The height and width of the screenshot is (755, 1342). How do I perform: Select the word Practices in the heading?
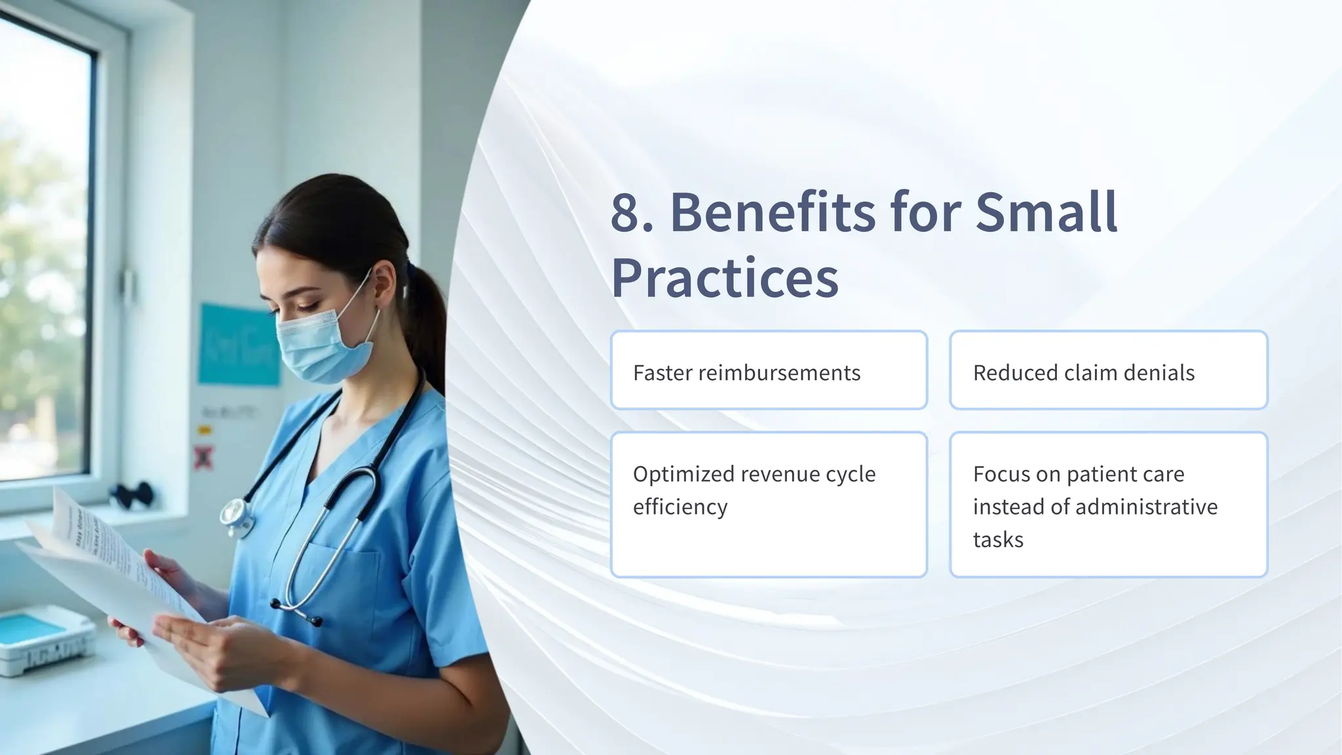[724, 277]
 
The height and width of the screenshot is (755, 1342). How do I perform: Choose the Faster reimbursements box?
[768, 371]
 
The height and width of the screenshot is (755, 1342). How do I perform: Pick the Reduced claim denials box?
[1108, 371]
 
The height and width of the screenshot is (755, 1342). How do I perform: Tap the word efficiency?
[680, 507]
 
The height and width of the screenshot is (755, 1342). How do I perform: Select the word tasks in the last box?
[997, 539]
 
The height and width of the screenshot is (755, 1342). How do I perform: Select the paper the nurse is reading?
[111, 577]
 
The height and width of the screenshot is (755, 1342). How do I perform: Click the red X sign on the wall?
[204, 457]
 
